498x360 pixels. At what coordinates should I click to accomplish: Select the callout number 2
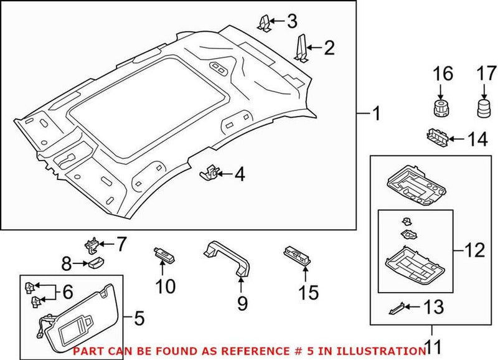click(x=329, y=47)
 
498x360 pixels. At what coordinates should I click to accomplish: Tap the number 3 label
click(x=291, y=22)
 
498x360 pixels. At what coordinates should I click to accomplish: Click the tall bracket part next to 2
click(x=303, y=49)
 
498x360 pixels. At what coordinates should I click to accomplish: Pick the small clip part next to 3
click(x=264, y=22)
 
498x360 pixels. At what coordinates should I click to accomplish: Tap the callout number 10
click(x=166, y=287)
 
